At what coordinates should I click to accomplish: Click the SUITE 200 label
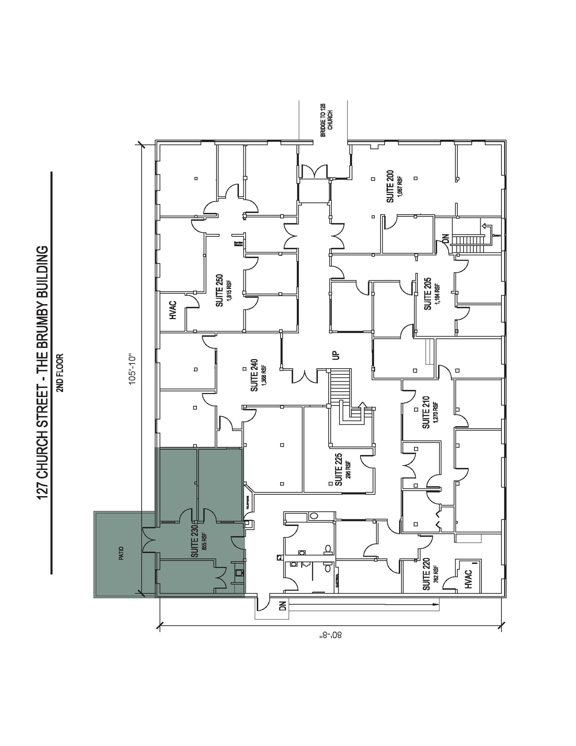point(390,186)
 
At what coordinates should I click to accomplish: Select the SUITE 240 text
point(254,375)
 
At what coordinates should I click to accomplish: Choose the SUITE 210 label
point(426,412)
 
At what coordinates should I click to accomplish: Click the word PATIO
point(121,553)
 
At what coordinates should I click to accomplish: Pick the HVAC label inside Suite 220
point(469,579)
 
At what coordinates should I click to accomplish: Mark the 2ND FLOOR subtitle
point(60,372)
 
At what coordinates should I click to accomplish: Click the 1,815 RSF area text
point(229,290)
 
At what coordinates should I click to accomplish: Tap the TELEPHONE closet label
point(247,502)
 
